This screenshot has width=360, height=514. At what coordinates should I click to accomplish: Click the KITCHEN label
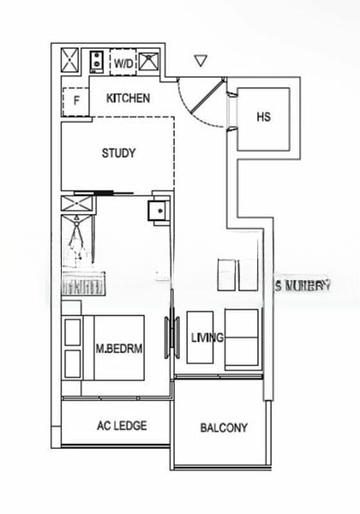(x=128, y=99)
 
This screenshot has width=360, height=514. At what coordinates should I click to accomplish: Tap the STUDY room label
(x=118, y=153)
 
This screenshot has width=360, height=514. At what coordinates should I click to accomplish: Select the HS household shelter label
(x=263, y=117)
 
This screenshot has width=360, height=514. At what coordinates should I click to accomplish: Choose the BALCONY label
(x=224, y=427)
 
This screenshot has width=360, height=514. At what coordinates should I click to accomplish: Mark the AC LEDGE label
(x=122, y=426)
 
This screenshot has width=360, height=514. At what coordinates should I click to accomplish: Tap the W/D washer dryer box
(x=124, y=63)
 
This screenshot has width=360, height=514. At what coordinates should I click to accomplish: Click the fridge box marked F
(x=76, y=101)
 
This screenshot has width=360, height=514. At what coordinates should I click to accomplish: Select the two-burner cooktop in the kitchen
(x=98, y=62)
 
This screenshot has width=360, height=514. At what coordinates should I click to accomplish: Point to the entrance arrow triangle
(x=201, y=61)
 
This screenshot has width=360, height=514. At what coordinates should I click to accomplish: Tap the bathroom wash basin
(x=156, y=211)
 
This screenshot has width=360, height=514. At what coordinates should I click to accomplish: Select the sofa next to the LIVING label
(x=242, y=339)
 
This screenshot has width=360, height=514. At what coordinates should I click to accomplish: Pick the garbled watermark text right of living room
(x=303, y=285)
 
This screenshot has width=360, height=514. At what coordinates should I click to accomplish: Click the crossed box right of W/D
(x=150, y=62)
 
